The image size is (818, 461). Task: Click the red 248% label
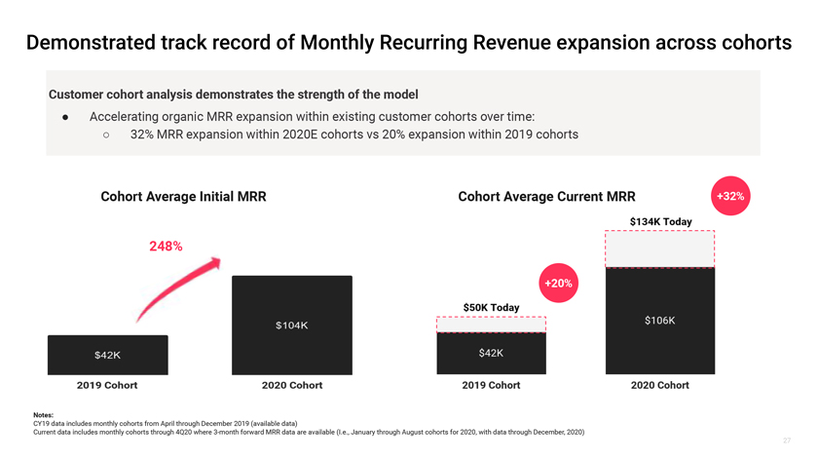click(x=166, y=247)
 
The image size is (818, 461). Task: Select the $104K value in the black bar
click(x=291, y=326)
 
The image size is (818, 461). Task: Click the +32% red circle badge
click(x=730, y=196)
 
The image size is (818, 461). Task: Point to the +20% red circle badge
click(x=558, y=283)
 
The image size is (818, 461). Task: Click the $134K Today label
click(x=660, y=222)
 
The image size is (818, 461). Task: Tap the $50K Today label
click(x=491, y=308)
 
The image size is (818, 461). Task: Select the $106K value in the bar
click(x=659, y=321)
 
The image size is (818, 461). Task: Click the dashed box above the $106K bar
click(x=660, y=250)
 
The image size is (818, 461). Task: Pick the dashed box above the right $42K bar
click(x=491, y=325)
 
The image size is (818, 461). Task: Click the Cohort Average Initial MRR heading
click(x=183, y=197)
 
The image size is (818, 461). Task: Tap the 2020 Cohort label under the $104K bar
click(x=292, y=385)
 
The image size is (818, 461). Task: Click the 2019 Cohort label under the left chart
click(x=107, y=385)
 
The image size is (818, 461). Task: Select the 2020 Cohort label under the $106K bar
click(x=659, y=385)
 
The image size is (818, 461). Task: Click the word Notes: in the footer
click(x=43, y=415)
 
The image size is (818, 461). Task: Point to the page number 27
click(x=787, y=441)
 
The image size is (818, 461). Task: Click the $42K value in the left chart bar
click(x=107, y=356)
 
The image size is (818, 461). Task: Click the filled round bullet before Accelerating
click(x=64, y=116)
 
